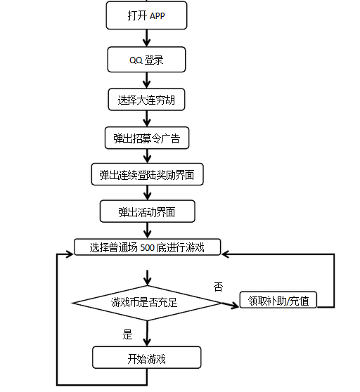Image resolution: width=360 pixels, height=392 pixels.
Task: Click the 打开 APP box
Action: (146, 15)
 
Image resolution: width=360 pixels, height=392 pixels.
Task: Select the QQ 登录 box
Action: (146, 60)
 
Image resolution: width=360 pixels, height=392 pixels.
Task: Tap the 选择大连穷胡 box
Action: (146, 100)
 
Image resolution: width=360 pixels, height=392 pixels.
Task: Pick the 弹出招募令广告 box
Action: (147, 138)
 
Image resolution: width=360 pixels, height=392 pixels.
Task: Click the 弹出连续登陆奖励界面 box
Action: (147, 174)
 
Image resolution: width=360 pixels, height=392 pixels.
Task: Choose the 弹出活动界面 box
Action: (148, 211)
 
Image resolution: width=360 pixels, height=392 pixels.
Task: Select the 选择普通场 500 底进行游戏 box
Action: (148, 247)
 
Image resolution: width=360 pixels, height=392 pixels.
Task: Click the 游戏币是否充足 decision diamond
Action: (147, 303)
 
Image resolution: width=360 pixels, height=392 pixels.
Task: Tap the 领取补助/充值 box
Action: (278, 300)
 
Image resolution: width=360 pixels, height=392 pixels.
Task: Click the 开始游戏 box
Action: (147, 358)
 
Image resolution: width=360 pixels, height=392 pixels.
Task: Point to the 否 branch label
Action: (218, 287)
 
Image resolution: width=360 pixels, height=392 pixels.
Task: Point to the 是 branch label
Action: (127, 334)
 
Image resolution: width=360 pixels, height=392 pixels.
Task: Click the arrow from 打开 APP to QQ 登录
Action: (147, 38)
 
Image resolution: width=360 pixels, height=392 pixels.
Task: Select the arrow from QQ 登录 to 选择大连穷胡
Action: (147, 80)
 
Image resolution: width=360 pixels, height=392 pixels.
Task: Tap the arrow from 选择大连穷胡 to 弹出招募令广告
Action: (147, 119)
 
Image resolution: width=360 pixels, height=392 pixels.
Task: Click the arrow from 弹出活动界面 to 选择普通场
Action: (148, 230)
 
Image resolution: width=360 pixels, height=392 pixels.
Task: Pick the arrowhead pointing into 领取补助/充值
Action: (235, 306)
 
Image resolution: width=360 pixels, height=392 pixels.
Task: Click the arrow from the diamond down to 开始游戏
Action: (147, 334)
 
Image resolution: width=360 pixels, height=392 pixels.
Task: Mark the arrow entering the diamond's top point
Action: (148, 277)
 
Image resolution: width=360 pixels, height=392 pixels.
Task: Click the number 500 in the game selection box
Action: (148, 247)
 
